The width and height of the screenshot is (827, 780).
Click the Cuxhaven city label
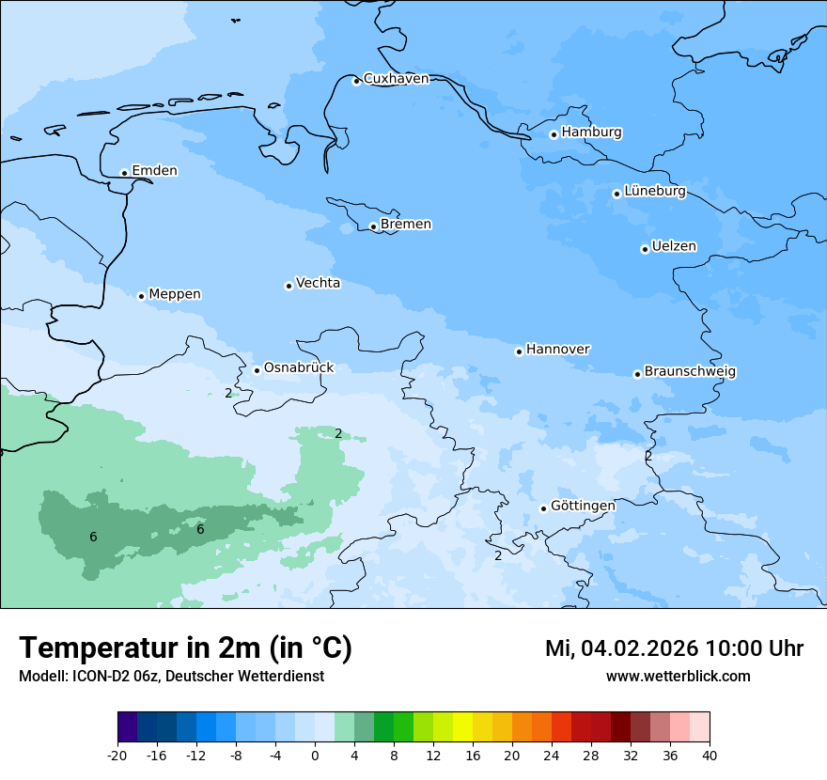(x=396, y=79)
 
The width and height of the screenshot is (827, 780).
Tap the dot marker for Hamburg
(x=554, y=134)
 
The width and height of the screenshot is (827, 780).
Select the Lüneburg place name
(x=655, y=192)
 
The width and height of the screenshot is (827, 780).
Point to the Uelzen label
(x=674, y=247)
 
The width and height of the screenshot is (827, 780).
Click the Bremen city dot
(x=373, y=226)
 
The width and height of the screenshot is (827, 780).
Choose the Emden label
(x=154, y=171)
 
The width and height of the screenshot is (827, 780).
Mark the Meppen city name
(x=175, y=294)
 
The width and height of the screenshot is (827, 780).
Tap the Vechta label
(x=318, y=283)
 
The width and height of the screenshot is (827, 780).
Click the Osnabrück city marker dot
(x=257, y=370)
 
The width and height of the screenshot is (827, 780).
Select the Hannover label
(x=557, y=350)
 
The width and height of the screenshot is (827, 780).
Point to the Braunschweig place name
(x=690, y=372)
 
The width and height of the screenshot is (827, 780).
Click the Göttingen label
(x=583, y=506)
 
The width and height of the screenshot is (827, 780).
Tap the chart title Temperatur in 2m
(x=185, y=647)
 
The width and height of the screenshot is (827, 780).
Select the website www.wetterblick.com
(x=678, y=676)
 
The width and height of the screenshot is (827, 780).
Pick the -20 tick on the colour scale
(x=117, y=756)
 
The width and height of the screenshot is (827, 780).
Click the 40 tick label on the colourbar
(x=710, y=756)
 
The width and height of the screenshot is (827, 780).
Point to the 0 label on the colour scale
(x=315, y=756)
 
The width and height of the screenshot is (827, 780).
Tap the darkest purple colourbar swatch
(x=127, y=727)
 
